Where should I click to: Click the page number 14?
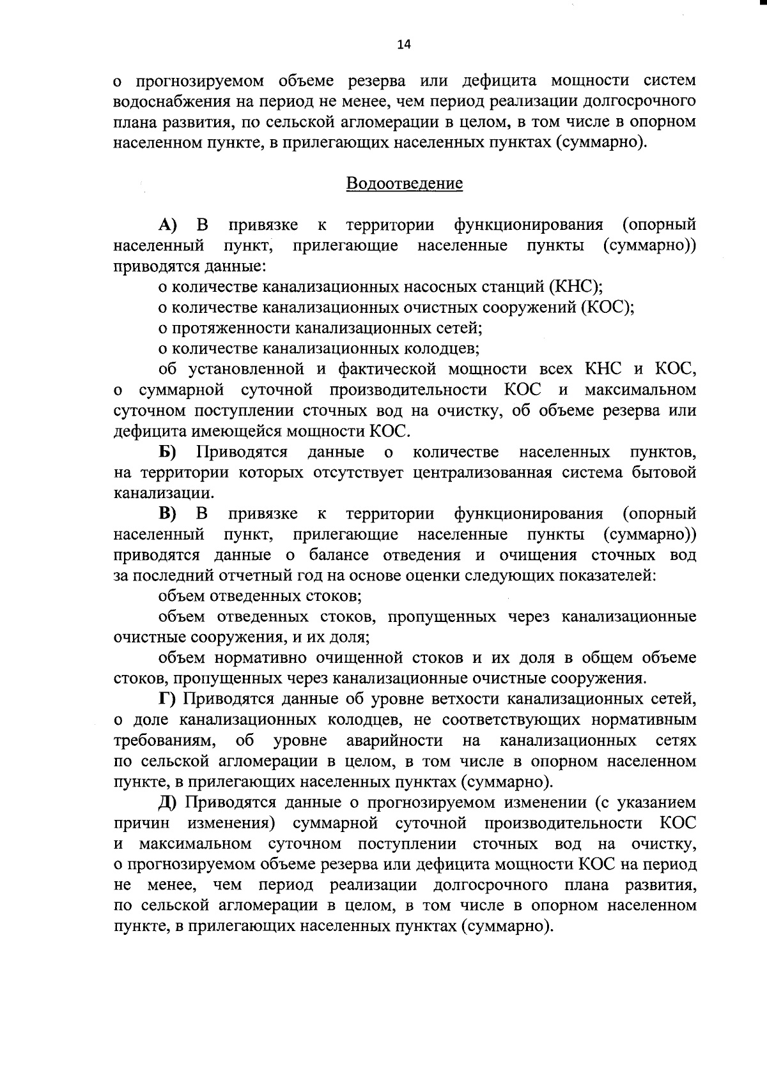click(x=403, y=44)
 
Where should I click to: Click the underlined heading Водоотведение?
click(x=404, y=184)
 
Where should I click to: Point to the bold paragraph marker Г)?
click(x=167, y=699)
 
